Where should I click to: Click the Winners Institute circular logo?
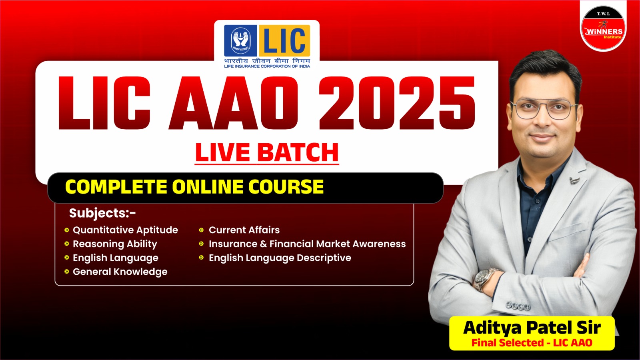[603, 28]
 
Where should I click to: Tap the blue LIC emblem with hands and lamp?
[240, 40]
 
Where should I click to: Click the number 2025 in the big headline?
[397, 103]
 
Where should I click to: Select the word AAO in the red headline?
[233, 103]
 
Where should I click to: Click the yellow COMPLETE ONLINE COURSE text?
[194, 187]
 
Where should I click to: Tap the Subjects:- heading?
[102, 213]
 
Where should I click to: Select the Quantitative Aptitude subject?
[125, 230]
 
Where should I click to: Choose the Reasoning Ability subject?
[115, 244]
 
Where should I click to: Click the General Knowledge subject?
[120, 272]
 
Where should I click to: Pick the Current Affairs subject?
[244, 230]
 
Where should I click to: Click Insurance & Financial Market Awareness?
[307, 244]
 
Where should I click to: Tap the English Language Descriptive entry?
[280, 258]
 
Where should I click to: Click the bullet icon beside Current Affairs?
[202, 230]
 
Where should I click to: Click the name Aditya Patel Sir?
[532, 328]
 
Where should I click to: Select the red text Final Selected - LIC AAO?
[532, 342]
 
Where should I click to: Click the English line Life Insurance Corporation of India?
[267, 66]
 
